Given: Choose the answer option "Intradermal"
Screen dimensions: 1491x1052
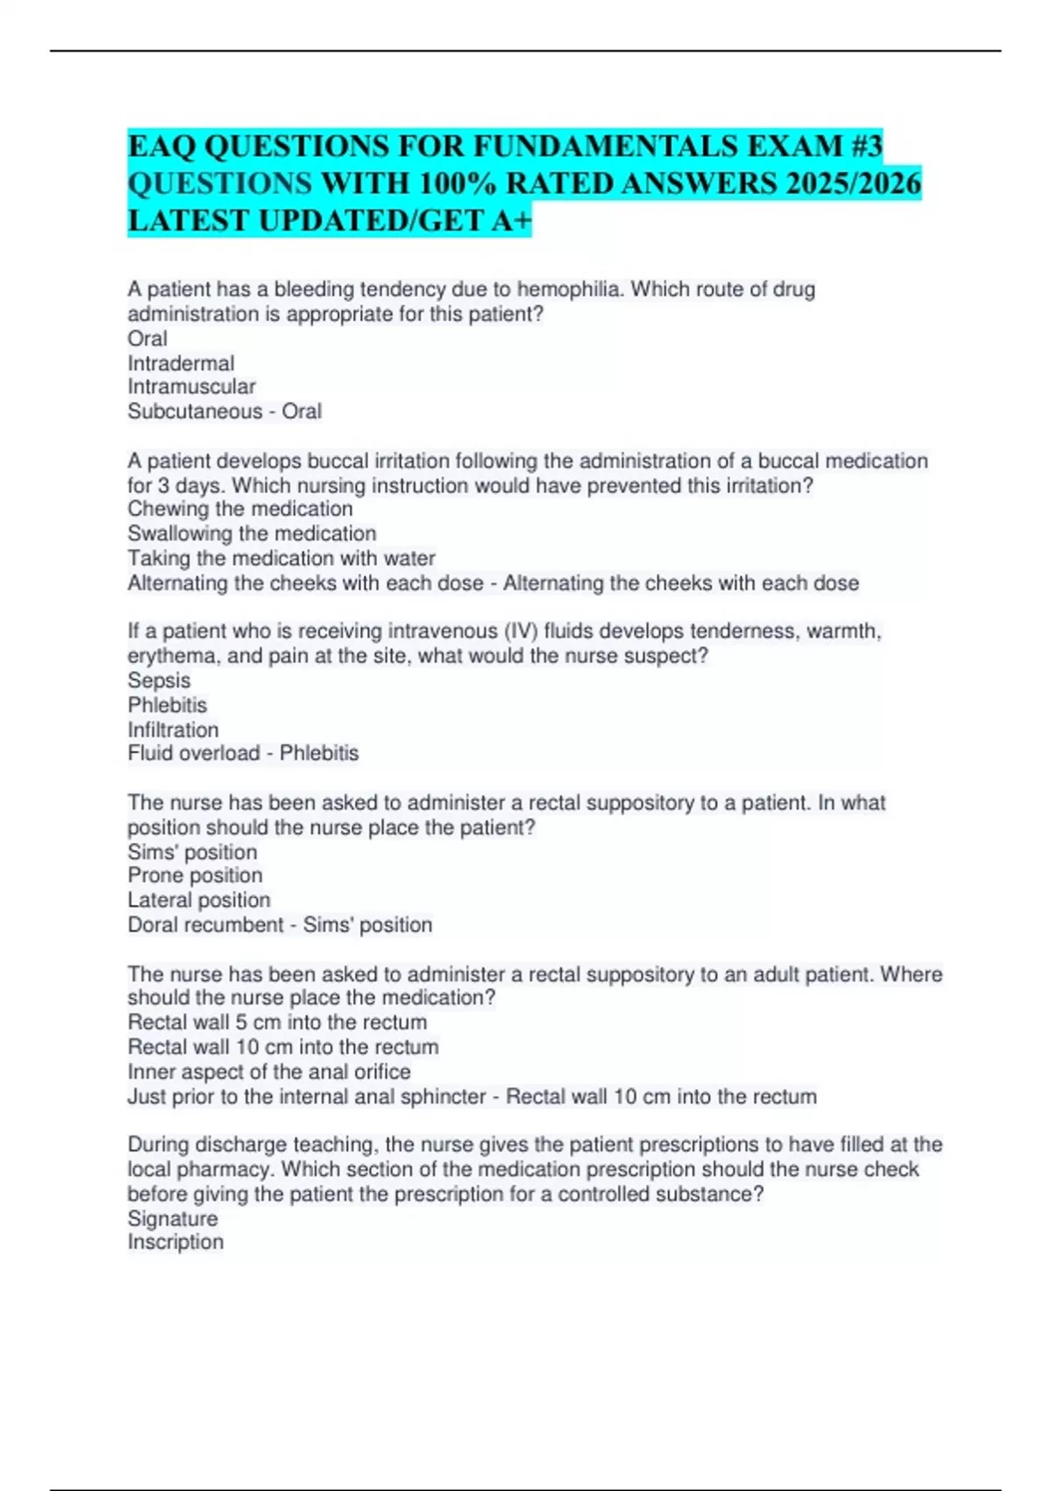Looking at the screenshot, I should [x=181, y=363].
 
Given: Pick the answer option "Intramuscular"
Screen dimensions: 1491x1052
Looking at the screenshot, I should [x=191, y=387].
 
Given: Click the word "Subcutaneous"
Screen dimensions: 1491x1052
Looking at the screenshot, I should [x=195, y=411].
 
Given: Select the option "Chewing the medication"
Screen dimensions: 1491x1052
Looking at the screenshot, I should [x=240, y=509].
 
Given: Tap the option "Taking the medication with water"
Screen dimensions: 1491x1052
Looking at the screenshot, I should [x=281, y=558].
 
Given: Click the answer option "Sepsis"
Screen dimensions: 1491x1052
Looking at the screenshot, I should [x=159, y=680].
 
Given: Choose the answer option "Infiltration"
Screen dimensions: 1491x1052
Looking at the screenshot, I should [x=173, y=730].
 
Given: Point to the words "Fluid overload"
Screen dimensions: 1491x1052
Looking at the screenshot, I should [x=194, y=753].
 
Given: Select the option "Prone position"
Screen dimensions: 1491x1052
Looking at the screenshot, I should [x=195, y=875].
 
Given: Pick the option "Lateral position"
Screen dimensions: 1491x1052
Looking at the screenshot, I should [x=199, y=900].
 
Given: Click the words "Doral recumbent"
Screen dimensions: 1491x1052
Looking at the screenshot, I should [x=205, y=924].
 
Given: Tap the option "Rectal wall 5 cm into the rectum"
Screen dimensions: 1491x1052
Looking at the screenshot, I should [x=277, y=1023].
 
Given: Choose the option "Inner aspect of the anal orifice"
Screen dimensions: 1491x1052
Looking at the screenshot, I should [x=269, y=1072].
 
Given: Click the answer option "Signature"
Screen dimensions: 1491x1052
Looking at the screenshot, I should [x=173, y=1218].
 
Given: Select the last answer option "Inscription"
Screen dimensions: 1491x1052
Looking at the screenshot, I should [x=175, y=1242].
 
